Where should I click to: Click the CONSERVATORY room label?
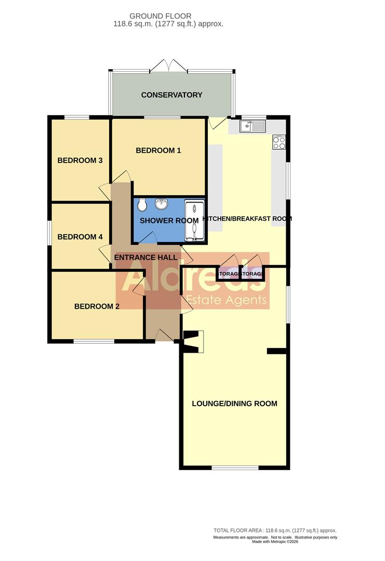point(171,95)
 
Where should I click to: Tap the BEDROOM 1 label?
point(158,151)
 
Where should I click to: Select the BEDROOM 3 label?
point(79,161)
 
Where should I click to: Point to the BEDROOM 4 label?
point(79,237)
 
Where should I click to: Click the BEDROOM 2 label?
point(97,306)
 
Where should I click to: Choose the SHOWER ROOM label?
point(169,221)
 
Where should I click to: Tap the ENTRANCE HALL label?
point(145,258)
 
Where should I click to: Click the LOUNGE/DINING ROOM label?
point(234,404)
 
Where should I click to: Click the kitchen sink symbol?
point(253,126)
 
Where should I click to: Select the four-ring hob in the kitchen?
point(279,142)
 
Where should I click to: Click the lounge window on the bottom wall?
point(235,468)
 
